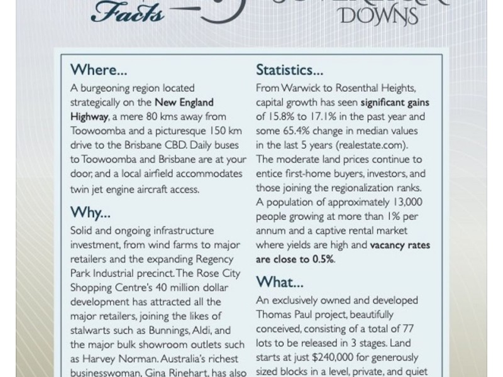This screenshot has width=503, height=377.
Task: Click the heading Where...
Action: (101, 68)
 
